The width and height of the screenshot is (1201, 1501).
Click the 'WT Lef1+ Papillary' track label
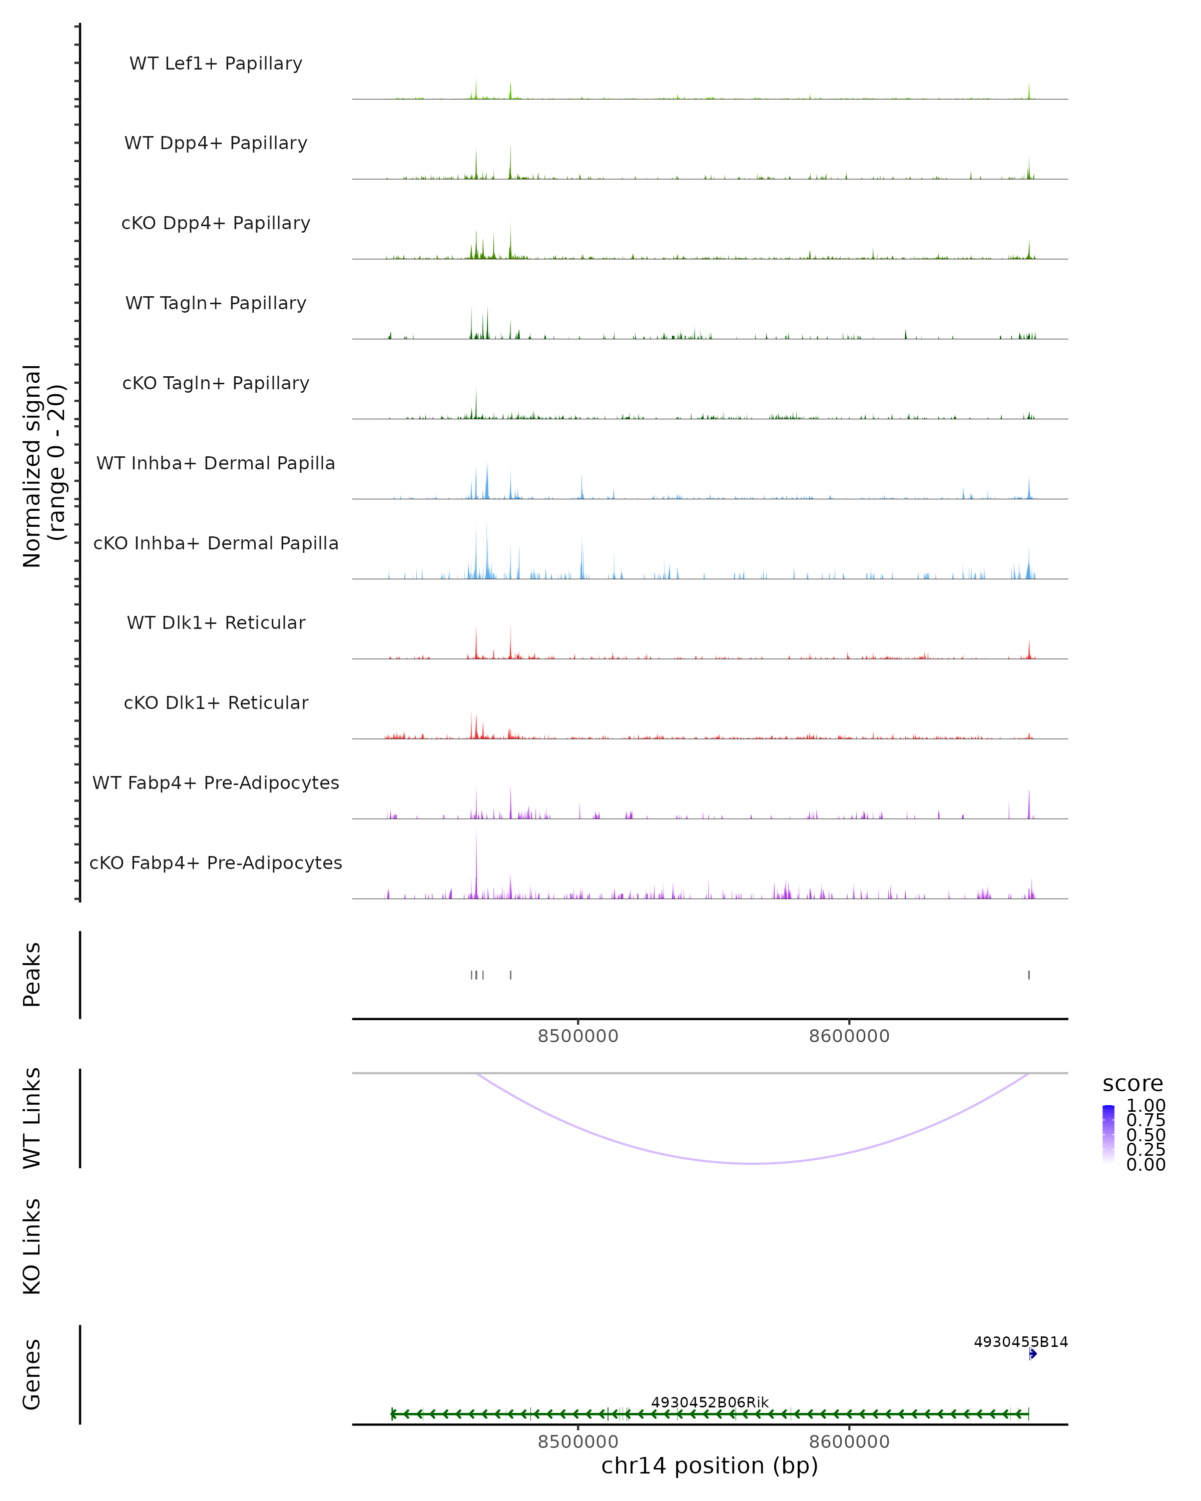216,64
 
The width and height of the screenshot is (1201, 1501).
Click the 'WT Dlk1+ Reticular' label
216,622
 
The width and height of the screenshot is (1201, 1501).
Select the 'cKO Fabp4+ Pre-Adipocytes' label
216,863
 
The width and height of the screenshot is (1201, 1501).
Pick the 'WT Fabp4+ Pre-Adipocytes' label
216,783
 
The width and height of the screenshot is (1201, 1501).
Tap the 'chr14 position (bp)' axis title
710,1465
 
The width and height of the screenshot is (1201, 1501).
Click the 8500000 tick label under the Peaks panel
578,1036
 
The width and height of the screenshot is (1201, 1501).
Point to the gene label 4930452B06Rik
710,1402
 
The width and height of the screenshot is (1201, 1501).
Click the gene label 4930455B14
1020,1341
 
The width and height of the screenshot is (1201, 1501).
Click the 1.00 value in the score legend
1145,1106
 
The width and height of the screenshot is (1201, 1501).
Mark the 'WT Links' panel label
32,1118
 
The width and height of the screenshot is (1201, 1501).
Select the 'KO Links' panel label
32,1246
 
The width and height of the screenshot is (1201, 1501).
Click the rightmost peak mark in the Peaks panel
1028,975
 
